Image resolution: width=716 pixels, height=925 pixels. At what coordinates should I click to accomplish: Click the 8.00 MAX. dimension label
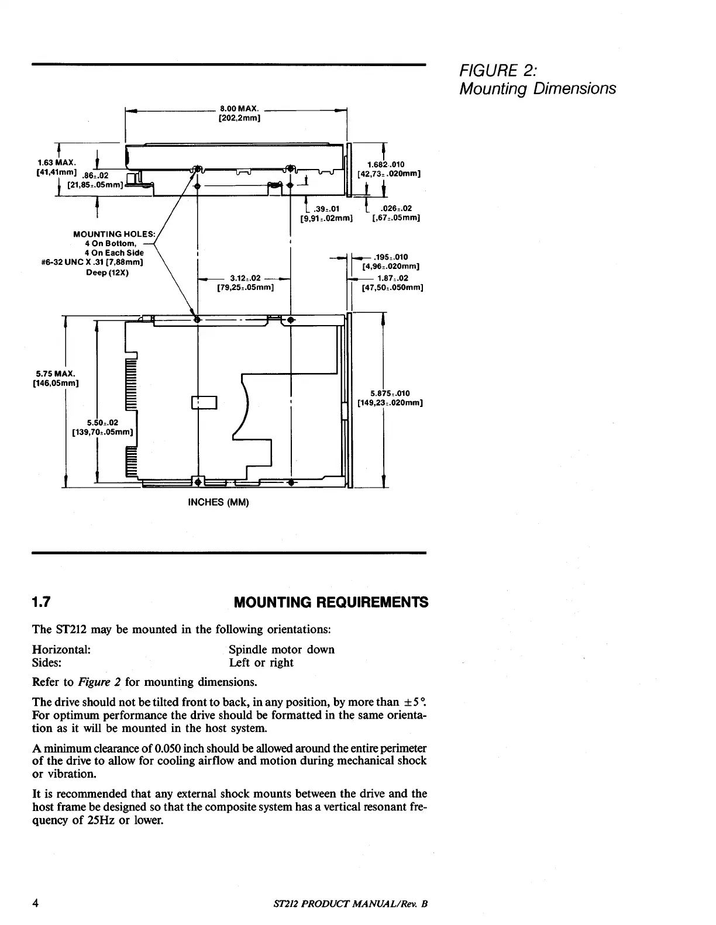(239, 108)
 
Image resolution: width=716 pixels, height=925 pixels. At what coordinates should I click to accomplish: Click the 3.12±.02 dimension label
(245, 278)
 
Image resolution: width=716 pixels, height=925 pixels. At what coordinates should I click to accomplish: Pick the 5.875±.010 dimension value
(390, 393)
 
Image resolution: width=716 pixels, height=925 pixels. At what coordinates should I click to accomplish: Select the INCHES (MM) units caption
(218, 502)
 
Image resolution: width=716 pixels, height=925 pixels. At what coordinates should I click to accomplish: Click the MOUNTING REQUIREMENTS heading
(330, 602)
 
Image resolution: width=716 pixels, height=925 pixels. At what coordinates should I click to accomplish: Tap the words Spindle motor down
(281, 650)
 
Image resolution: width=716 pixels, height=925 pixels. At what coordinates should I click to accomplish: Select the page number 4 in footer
(36, 903)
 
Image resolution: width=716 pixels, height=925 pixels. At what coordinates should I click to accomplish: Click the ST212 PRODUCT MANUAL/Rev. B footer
(347, 904)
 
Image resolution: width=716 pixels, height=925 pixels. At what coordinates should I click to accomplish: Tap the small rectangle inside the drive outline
(204, 403)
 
